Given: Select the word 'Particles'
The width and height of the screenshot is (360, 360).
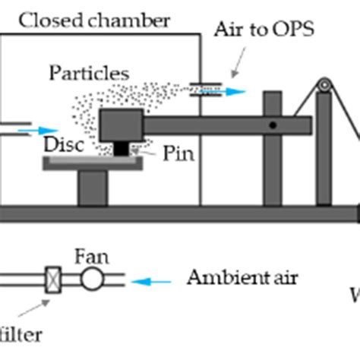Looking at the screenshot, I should click(89, 73).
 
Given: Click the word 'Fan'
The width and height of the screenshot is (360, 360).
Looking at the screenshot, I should click(91, 257).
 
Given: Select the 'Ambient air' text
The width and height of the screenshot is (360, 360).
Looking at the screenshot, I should click(242, 278).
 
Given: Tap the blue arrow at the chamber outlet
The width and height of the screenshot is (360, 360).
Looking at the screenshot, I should click(232, 91).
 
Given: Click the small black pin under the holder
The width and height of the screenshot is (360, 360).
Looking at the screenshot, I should click(122, 150).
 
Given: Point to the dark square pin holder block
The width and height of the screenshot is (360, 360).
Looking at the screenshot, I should click(121, 125).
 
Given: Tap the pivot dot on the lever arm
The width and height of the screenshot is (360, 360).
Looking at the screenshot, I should click(272, 124).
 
